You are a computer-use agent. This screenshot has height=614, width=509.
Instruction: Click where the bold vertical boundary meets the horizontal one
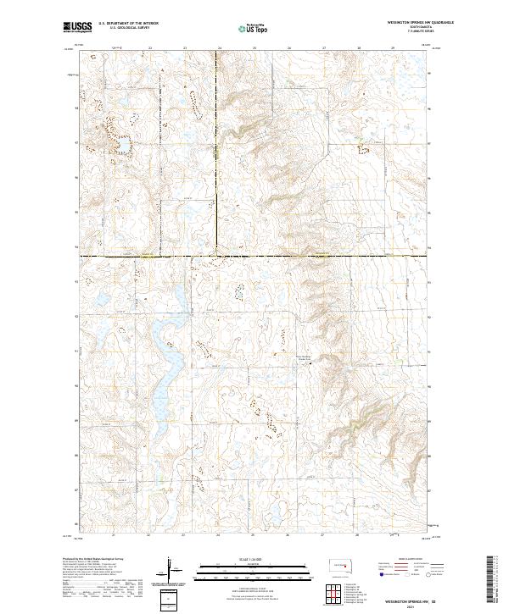pyautogui.click(x=215, y=255)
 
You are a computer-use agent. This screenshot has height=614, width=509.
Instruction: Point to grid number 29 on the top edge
pyautogui.click(x=394, y=48)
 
